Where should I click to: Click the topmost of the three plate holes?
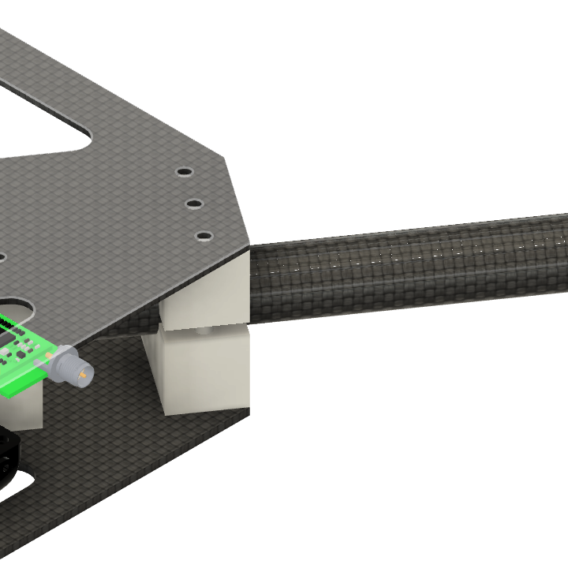click(183, 171)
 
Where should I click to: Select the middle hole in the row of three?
click(194, 204)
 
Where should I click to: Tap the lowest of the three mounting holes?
click(204, 236)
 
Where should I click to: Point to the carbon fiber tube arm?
click(410, 264)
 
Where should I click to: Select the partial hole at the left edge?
click(2, 256)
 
